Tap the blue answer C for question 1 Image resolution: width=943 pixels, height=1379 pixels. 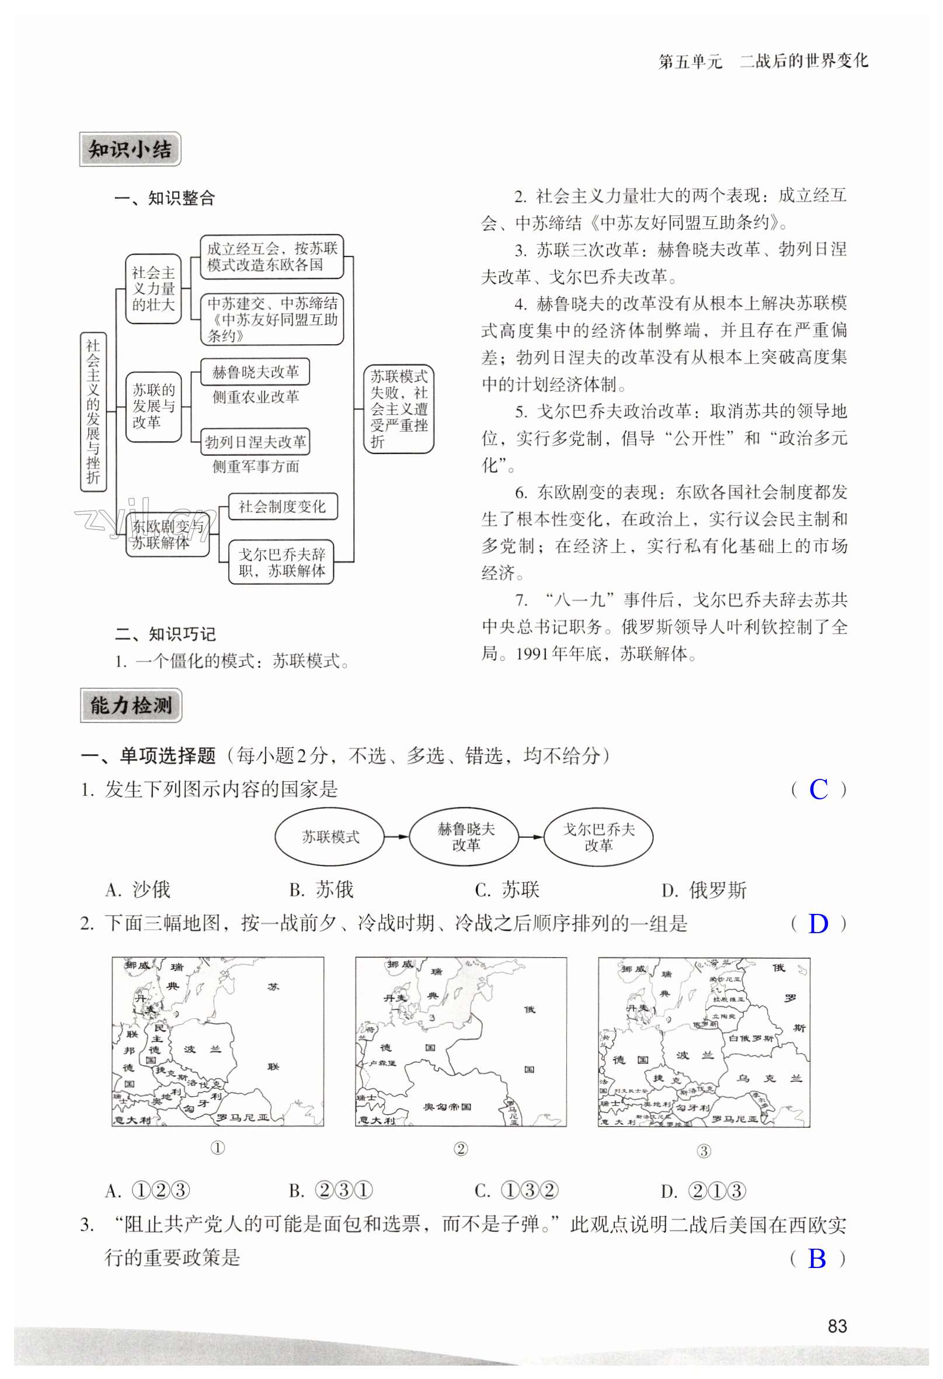click(819, 790)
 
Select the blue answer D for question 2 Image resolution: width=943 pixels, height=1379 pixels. click(819, 924)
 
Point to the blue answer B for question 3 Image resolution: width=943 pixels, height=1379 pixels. click(817, 1259)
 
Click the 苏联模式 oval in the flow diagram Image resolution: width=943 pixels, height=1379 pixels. click(330, 837)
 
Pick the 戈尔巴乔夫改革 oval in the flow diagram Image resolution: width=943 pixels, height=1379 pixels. click(598, 837)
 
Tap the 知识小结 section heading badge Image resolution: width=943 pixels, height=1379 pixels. click(130, 150)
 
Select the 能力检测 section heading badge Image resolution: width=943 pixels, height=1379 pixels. click(131, 705)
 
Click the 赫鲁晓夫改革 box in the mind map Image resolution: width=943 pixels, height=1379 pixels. click(255, 372)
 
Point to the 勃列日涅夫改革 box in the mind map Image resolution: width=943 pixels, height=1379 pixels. click(255, 442)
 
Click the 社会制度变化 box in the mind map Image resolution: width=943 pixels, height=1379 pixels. click(282, 506)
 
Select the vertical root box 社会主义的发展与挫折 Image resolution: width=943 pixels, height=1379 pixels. click(93, 412)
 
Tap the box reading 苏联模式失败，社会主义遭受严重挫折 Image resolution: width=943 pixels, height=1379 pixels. click(399, 409)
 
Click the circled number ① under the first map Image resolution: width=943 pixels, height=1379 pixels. click(218, 1148)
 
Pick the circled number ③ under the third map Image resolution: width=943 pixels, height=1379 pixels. click(704, 1151)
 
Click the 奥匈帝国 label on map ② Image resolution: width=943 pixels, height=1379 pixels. click(447, 1106)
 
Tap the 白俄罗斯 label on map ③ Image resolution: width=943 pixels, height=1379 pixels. click(751, 1038)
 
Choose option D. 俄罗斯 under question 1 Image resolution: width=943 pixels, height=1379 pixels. click(704, 890)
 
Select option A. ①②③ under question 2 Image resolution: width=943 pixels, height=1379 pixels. click(148, 1191)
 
